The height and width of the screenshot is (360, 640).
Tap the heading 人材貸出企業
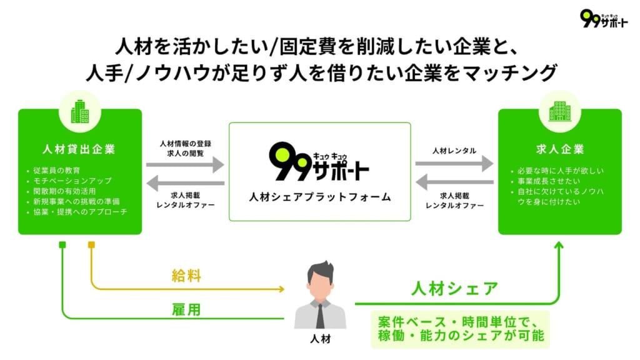tap(79, 150)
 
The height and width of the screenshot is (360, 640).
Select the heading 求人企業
tap(560, 150)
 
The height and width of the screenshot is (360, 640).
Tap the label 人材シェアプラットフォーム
tap(319, 197)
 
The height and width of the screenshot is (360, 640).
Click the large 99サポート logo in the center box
tap(319, 163)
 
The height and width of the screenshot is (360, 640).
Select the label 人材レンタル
tap(454, 151)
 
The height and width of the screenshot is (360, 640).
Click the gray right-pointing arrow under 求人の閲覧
tap(185, 165)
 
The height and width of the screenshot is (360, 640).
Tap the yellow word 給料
tap(186, 275)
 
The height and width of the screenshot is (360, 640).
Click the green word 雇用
tap(186, 309)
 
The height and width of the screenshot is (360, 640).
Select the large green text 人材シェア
tap(454, 289)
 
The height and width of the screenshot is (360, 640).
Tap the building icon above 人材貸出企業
tap(79, 111)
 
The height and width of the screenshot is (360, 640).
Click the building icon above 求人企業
tap(559, 111)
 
